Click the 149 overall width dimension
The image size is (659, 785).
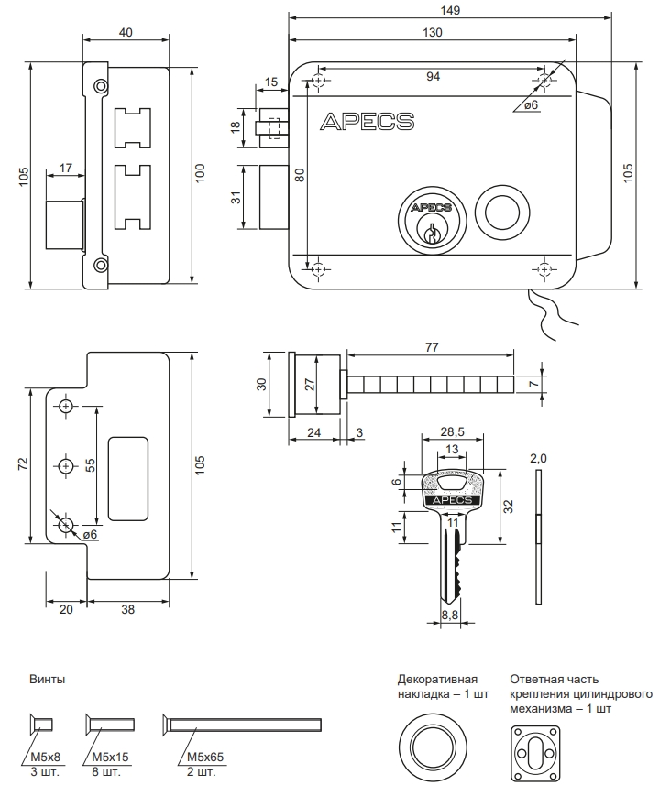(x=449, y=9)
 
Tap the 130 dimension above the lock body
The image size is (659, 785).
(x=433, y=33)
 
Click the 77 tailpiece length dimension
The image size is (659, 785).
(x=432, y=347)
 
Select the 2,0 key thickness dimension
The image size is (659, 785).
(x=538, y=457)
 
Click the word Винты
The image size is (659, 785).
(x=47, y=680)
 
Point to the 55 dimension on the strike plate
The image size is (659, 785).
(x=91, y=465)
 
